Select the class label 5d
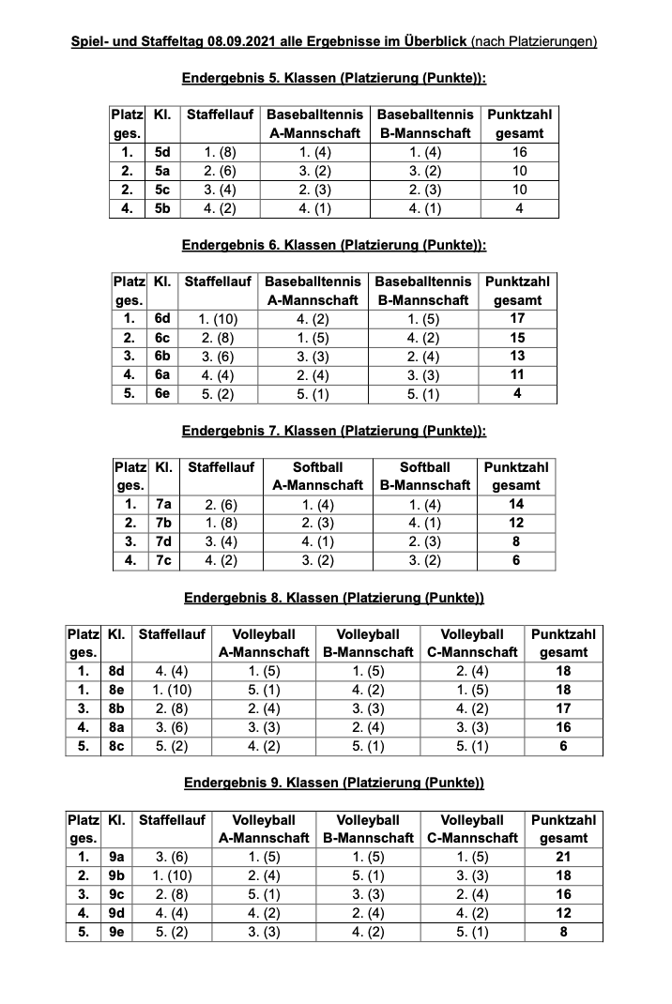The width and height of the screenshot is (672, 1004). tap(162, 152)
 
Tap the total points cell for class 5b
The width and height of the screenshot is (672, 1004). tap(519, 208)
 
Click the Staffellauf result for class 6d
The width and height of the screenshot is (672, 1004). tap(218, 319)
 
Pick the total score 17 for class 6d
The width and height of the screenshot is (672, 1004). tap(517, 319)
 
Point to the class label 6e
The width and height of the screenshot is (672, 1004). tap(161, 394)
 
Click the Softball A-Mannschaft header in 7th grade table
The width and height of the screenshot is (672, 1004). tap(317, 476)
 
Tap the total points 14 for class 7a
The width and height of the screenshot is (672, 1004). tap(515, 504)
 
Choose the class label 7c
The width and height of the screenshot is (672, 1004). tap(162, 560)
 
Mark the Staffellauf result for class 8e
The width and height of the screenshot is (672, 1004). tap(172, 690)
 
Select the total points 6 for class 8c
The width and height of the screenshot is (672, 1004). tap(563, 746)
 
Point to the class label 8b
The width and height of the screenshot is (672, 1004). tap(116, 708)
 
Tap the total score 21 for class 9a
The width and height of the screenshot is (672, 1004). tap(563, 857)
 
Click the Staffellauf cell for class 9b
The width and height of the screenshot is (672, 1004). tap(172, 875)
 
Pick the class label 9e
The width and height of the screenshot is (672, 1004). tap(116, 932)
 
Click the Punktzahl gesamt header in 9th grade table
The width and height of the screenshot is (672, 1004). tap(563, 829)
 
